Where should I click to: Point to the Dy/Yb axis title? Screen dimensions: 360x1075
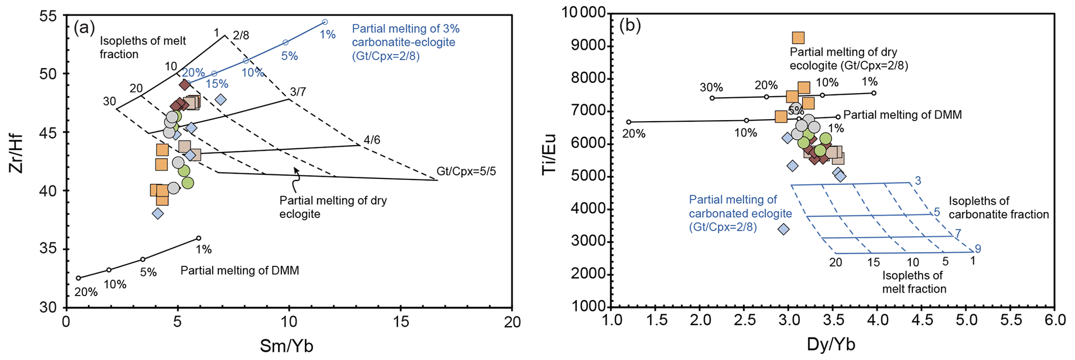[x=831, y=344]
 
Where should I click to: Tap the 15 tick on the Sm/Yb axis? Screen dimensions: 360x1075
[x=400, y=322]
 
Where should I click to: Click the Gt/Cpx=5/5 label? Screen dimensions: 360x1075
[x=466, y=171]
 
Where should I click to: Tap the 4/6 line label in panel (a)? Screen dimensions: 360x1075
[x=371, y=140]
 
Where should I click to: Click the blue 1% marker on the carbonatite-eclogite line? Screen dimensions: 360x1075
[x=325, y=22]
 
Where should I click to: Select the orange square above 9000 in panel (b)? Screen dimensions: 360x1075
[x=798, y=37]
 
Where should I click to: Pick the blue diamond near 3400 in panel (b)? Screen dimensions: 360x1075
[x=783, y=229]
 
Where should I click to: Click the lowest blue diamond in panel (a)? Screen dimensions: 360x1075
[x=158, y=213]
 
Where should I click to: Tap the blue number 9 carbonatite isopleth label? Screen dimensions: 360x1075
[x=978, y=249]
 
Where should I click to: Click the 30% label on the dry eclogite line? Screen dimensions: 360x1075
[x=711, y=87]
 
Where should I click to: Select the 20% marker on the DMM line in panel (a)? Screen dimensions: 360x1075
[x=79, y=278]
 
